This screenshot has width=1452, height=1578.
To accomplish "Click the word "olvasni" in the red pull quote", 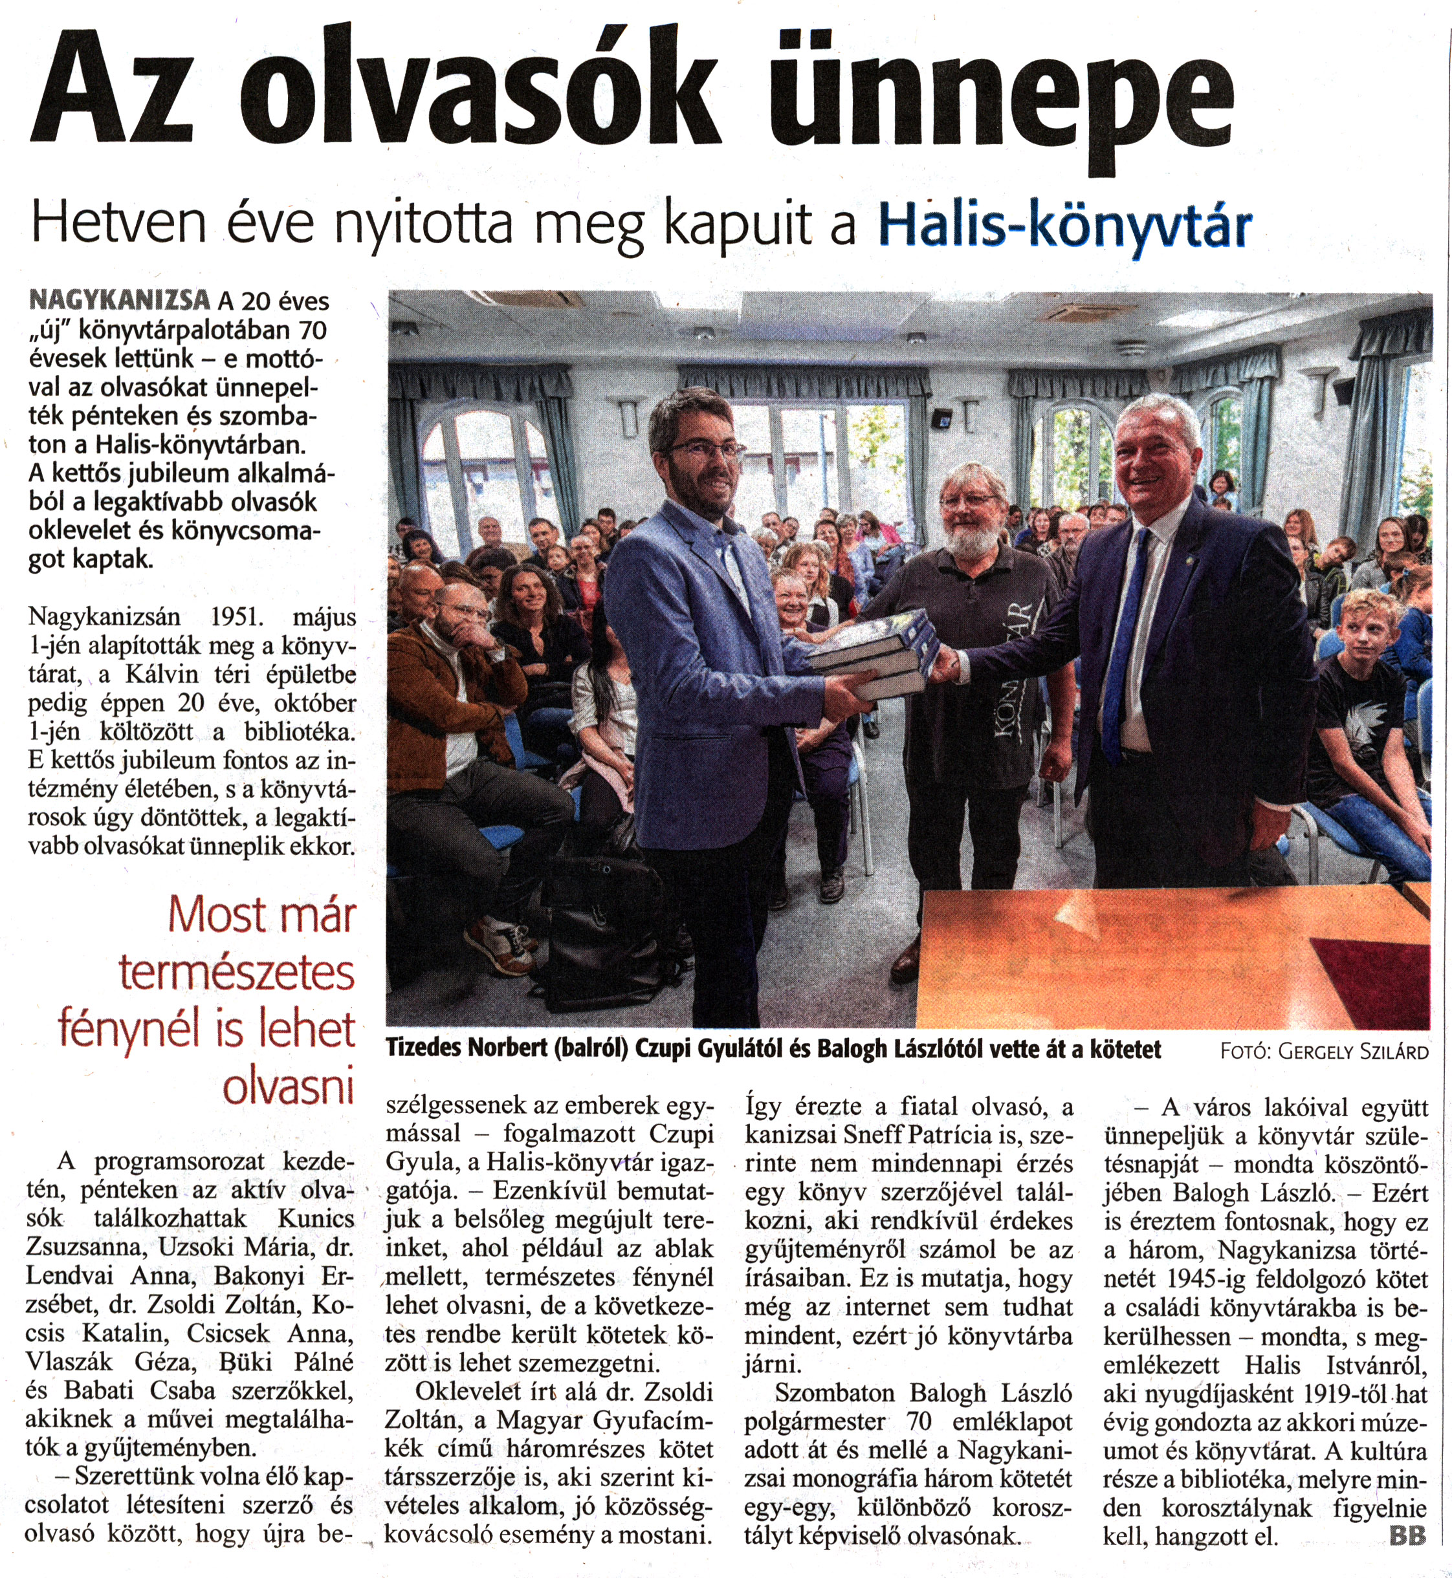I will [x=289, y=1087].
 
